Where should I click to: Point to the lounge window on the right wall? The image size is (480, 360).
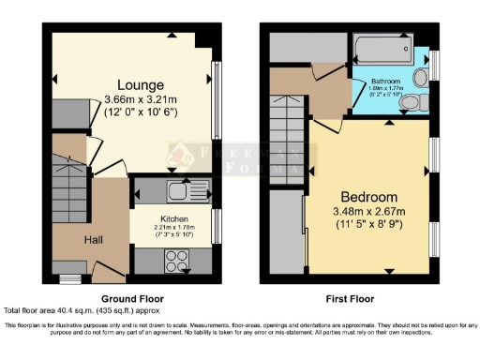[x=217, y=88]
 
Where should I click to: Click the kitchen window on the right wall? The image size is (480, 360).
[x=217, y=226]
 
